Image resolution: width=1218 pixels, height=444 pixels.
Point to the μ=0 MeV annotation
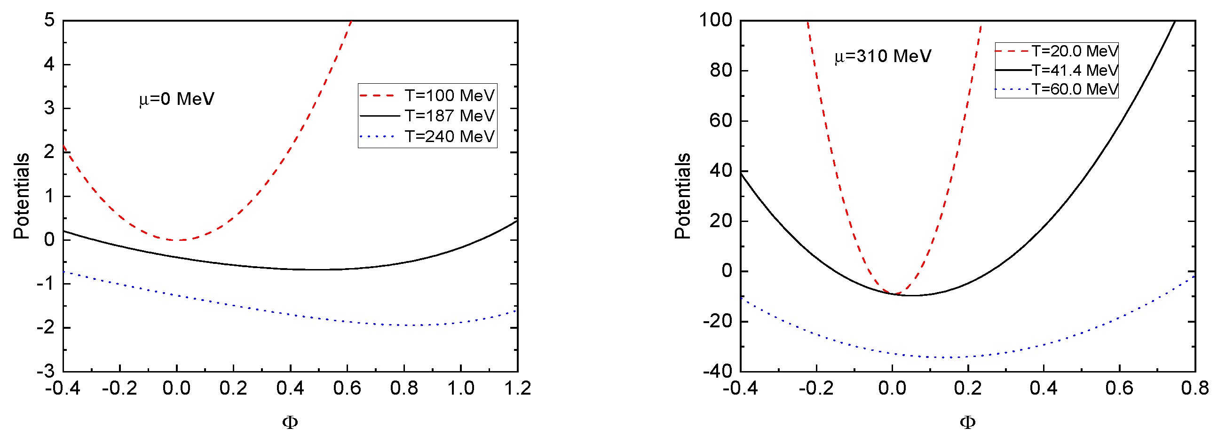[176, 99]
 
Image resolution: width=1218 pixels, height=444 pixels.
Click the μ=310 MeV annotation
[882, 56]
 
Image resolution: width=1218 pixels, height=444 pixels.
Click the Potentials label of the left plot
[21, 196]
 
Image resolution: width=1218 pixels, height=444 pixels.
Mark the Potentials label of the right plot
[682, 196]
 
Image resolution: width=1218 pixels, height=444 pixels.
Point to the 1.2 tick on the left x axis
[517, 388]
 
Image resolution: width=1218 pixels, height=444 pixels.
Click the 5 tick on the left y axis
[49, 20]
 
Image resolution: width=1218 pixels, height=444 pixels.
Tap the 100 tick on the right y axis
[715, 20]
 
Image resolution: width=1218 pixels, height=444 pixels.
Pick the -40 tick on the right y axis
[717, 372]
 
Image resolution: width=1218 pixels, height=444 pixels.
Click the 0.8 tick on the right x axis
[1194, 388]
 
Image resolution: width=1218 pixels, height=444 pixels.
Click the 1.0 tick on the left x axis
[460, 388]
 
